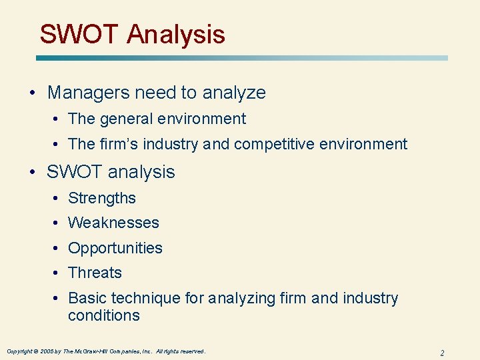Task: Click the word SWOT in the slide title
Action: coord(79,34)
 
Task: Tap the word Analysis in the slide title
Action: coord(176,34)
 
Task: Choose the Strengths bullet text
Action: coord(101,199)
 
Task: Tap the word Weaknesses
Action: coord(113,223)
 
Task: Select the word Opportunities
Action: coord(115,248)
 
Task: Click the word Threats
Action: coord(95,273)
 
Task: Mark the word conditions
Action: coord(103,315)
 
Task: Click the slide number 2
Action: coord(442,352)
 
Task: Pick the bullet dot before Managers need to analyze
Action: coord(33,93)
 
